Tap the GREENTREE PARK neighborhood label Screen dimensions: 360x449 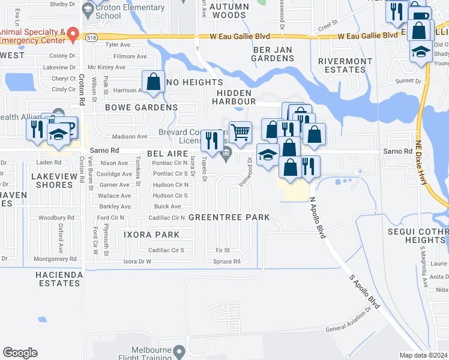229,217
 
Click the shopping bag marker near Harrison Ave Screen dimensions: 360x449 153,82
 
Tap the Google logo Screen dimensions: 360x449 20,353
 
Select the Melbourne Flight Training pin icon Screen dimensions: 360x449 178,350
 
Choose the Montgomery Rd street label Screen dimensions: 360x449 56,259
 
